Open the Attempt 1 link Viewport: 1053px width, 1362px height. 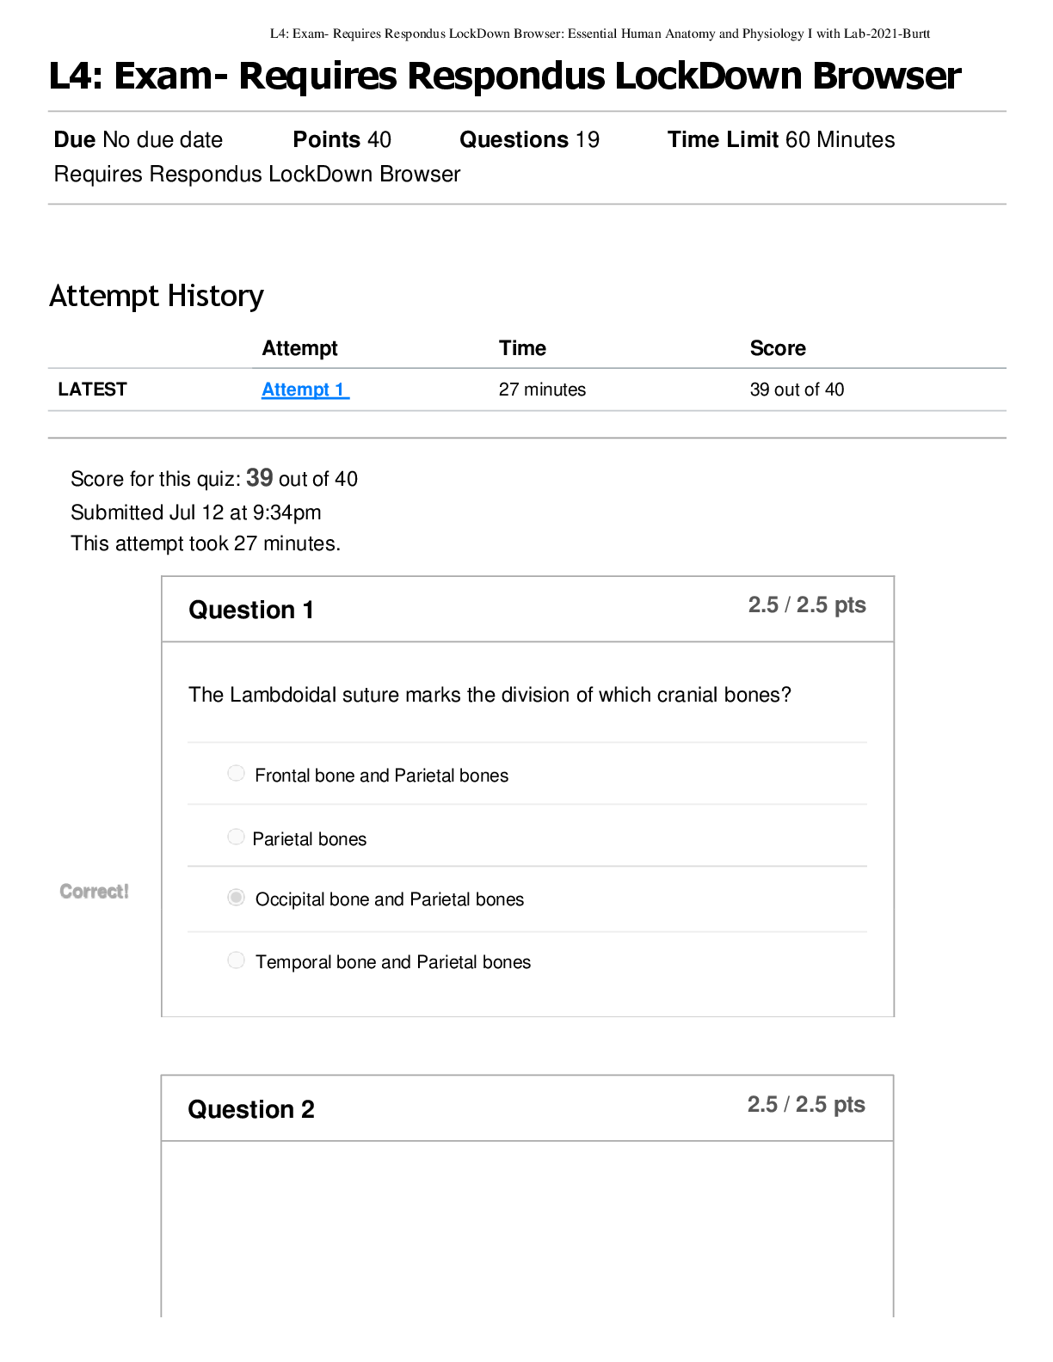pos(305,390)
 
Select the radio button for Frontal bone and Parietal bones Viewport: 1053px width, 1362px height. pos(236,773)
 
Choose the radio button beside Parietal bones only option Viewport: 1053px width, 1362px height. pos(236,837)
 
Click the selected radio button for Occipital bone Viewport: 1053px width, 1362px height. pos(236,898)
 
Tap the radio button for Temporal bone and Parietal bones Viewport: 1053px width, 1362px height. pos(236,960)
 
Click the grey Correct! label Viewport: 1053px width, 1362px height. pos(94,892)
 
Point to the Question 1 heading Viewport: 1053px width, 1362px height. pos(251,610)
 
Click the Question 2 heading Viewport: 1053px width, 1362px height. pos(251,1109)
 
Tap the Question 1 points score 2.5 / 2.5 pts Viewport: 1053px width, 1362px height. pos(807,604)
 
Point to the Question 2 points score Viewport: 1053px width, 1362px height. pos(806,1104)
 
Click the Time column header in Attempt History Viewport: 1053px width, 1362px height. pos(522,348)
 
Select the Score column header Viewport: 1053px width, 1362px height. pos(778,348)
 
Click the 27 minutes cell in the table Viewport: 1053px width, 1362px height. pos(543,390)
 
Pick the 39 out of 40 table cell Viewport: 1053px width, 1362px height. pos(797,390)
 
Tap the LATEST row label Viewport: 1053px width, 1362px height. pos(92,390)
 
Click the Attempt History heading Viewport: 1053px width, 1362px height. pos(157,297)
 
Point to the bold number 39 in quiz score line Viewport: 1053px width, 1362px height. pos(259,477)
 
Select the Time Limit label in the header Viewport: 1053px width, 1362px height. pos(723,139)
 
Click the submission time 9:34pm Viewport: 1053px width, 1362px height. pos(286,512)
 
